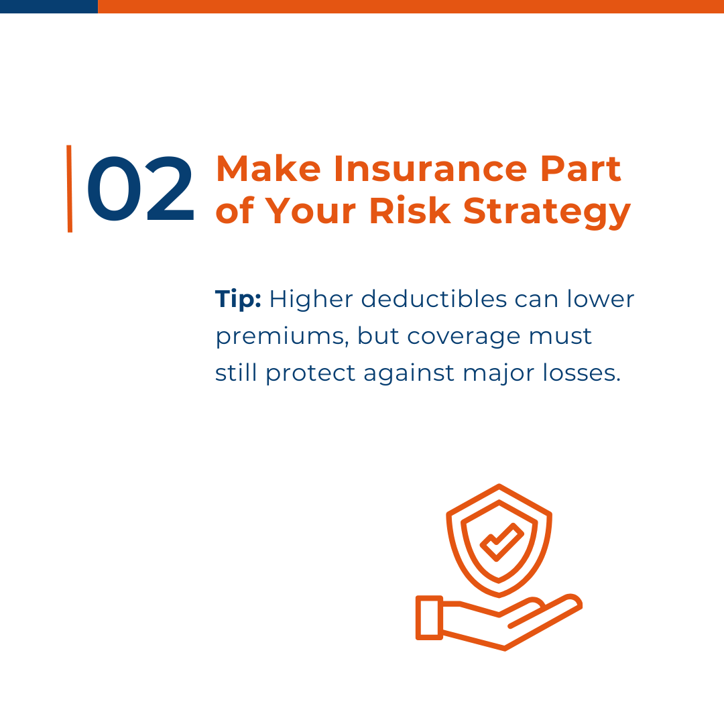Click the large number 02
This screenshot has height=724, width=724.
click(x=140, y=189)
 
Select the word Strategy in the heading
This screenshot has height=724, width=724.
click(x=547, y=212)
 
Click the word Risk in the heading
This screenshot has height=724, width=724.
click(x=410, y=210)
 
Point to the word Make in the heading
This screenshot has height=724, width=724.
click(x=268, y=169)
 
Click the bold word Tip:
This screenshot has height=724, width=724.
click(x=238, y=300)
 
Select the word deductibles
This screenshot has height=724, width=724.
click(x=434, y=299)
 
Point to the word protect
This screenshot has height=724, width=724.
click(x=311, y=373)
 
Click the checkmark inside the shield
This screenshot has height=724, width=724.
click(x=502, y=542)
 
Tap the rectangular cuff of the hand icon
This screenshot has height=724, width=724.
click(x=430, y=618)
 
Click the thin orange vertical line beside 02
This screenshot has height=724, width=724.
click(x=70, y=189)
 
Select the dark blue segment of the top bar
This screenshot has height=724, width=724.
click(x=49, y=7)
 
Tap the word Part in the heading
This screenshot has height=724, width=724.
click(x=581, y=169)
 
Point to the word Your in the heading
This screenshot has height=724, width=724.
click(x=310, y=210)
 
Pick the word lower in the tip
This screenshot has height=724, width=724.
click(x=601, y=299)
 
